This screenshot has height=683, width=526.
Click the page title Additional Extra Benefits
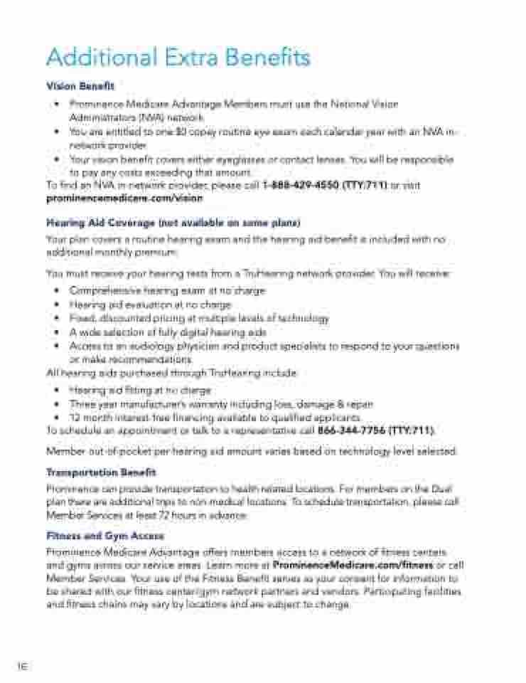point(178,57)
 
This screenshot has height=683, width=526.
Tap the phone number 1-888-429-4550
point(301,185)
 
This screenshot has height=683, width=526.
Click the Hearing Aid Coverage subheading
point(173,223)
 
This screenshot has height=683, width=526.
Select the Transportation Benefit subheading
point(101,472)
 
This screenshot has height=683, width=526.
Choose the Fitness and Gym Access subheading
point(105,536)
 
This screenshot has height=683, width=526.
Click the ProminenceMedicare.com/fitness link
point(353,565)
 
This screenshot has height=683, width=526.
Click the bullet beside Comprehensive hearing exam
point(56,291)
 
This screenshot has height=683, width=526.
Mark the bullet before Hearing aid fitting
point(56,391)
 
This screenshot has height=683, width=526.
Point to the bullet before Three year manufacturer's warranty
point(56,404)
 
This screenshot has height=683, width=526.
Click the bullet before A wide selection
point(56,332)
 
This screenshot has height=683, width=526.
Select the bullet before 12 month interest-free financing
point(56,418)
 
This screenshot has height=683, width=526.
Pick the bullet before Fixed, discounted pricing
point(56,319)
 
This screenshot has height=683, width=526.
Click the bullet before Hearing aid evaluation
point(56,305)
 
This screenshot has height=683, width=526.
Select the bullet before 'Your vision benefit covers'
point(56,160)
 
